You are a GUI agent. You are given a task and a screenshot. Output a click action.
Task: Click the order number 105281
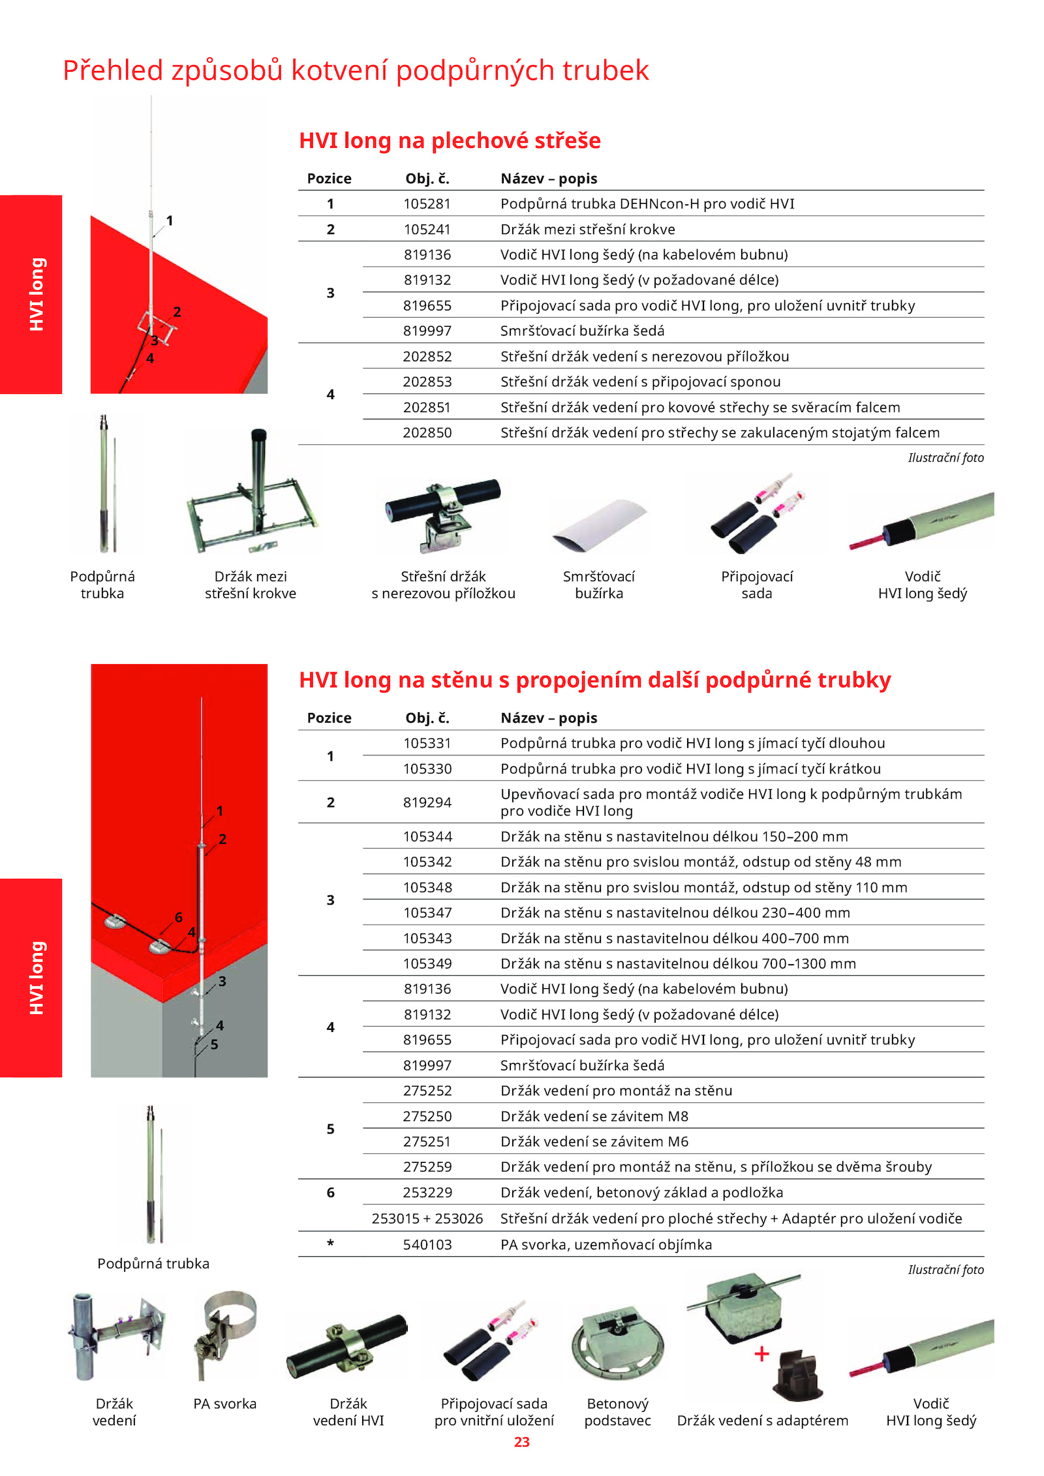tap(427, 203)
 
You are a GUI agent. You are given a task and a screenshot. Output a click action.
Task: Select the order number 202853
tap(427, 382)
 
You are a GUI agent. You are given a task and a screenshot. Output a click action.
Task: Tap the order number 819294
tap(427, 802)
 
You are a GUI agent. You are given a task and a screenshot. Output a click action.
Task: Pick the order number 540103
tap(427, 1244)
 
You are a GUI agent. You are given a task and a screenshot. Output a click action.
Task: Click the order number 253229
tap(427, 1192)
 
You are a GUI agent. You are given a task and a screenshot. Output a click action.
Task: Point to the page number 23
tap(521, 1441)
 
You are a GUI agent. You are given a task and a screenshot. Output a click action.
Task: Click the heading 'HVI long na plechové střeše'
tap(450, 140)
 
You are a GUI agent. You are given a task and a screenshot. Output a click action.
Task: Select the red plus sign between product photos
tap(761, 1354)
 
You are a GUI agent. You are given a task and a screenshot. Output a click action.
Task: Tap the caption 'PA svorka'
tap(224, 1404)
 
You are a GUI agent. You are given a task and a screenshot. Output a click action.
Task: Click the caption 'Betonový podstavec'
tap(617, 1412)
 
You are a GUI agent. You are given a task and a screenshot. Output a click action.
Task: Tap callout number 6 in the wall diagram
tap(179, 917)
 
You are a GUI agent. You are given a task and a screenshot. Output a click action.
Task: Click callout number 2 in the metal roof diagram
tap(177, 312)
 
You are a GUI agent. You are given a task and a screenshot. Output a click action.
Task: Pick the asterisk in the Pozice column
tap(330, 1243)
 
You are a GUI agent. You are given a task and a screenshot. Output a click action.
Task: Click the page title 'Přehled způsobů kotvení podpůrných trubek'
tap(356, 70)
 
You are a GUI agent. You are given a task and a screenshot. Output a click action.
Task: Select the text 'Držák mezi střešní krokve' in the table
tap(587, 230)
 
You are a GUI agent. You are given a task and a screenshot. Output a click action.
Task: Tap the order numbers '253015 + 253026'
tap(427, 1218)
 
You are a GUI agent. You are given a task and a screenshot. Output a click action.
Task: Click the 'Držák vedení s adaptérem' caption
tap(762, 1421)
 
